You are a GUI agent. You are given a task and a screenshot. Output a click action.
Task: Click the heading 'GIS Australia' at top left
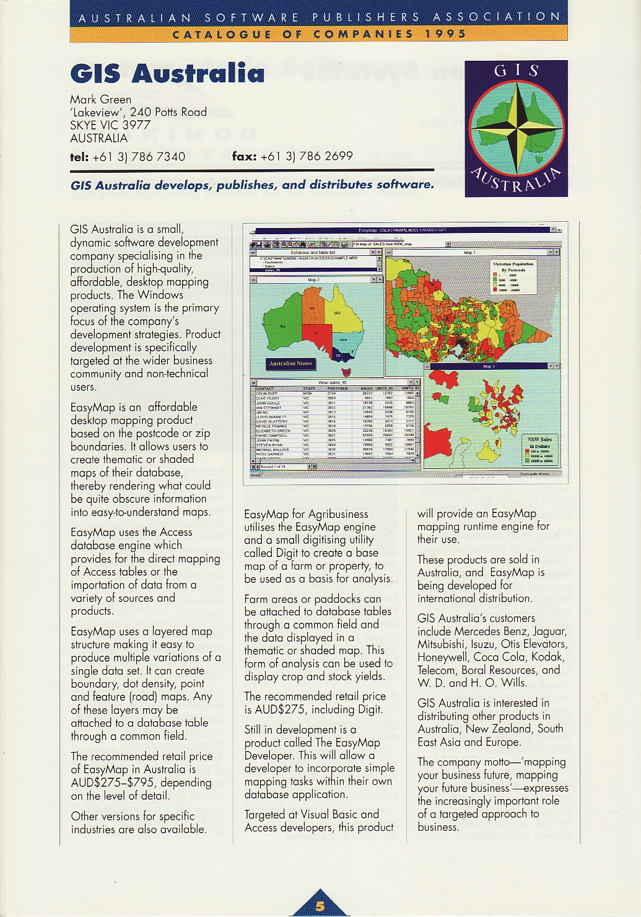pyautogui.click(x=167, y=73)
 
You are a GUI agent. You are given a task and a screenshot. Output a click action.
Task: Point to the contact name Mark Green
pyautogui.click(x=100, y=99)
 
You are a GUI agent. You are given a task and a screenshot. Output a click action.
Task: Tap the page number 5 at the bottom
pyautogui.click(x=320, y=906)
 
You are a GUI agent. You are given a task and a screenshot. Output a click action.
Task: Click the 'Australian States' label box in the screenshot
pyautogui.click(x=290, y=364)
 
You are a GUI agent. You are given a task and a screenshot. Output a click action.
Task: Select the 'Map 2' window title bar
pyautogui.click(x=314, y=280)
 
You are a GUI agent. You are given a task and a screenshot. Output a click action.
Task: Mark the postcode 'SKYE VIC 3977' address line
pyautogui.click(x=110, y=125)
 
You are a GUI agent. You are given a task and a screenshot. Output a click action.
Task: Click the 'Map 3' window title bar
pyautogui.click(x=489, y=367)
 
